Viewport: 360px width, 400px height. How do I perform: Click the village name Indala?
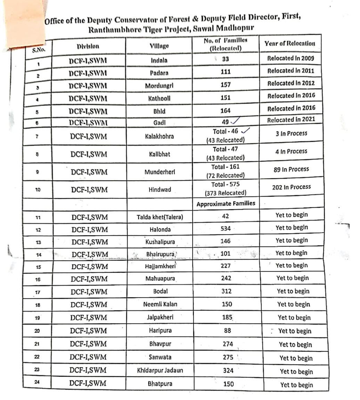(159, 60)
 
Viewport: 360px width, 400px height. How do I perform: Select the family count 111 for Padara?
(225, 72)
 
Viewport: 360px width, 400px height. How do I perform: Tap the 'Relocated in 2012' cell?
(291, 83)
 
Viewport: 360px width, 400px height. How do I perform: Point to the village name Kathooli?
(159, 98)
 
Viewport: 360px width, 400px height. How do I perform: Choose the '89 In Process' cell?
(291, 169)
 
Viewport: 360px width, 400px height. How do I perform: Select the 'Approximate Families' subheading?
(226, 204)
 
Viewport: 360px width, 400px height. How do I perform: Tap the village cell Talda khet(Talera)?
(160, 218)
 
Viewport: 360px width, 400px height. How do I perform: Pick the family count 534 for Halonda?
(226, 229)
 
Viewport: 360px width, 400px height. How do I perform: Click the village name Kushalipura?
(160, 242)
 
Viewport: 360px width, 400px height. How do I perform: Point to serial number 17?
(38, 292)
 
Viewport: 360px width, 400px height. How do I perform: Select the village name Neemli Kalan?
(160, 304)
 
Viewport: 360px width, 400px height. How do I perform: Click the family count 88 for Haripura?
(228, 330)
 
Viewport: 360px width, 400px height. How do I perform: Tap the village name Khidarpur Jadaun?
(160, 370)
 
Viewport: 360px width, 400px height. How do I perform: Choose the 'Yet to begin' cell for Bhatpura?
(296, 385)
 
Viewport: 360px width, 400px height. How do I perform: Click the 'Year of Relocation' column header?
(290, 43)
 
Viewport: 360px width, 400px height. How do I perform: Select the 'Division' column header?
(88, 46)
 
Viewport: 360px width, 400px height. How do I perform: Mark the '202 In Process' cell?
(291, 187)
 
